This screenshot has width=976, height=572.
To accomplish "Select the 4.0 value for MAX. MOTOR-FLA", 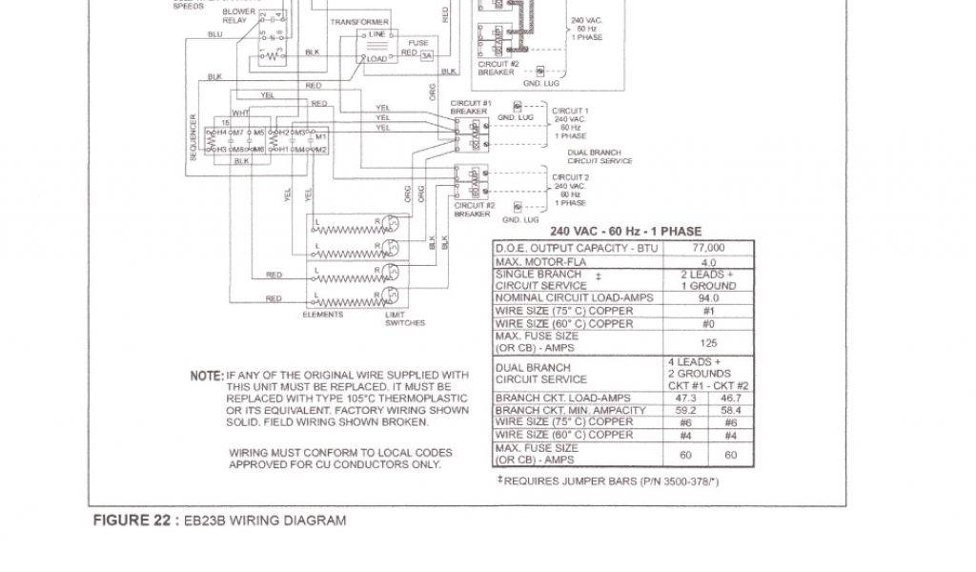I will coord(708,262).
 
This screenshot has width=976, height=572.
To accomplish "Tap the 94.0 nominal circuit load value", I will coord(708,298).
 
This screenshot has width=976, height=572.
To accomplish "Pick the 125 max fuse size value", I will coord(708,342).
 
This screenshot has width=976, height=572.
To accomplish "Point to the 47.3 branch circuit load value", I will coord(684,398).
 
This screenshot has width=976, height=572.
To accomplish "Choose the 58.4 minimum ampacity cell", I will coord(731,410).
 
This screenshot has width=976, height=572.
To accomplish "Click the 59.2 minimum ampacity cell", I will coord(684,410).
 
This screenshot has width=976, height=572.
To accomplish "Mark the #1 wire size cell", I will coord(708,311).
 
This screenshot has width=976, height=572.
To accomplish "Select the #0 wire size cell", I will coord(708,323).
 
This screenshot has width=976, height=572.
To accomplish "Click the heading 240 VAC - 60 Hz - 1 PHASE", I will coord(625,232).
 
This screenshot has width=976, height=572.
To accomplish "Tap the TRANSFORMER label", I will coord(359,22).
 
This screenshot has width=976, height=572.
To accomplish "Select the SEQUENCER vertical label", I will coord(193,137).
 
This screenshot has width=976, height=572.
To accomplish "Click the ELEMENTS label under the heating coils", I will coord(323,315).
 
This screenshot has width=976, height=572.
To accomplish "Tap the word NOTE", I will coord(206,376).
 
